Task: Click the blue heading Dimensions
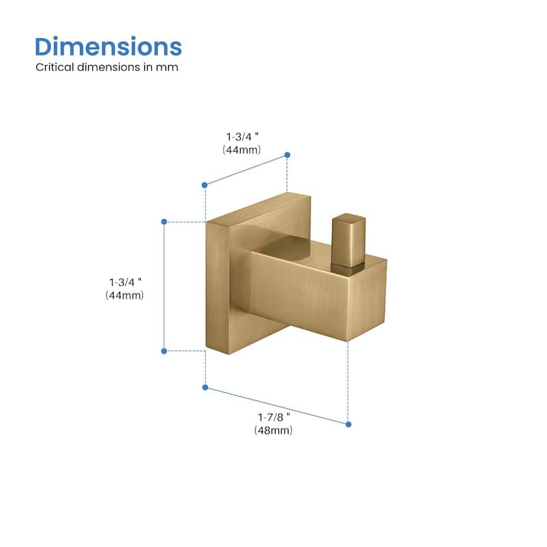click(x=108, y=46)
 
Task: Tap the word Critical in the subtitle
click(x=55, y=67)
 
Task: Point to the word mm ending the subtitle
click(x=167, y=68)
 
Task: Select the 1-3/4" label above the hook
click(x=243, y=137)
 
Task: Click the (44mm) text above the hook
click(x=241, y=150)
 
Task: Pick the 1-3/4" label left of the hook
click(x=125, y=282)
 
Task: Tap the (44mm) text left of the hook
click(x=124, y=295)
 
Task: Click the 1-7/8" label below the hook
click(x=274, y=417)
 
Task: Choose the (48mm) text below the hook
click(x=273, y=430)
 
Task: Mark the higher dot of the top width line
click(x=287, y=155)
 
